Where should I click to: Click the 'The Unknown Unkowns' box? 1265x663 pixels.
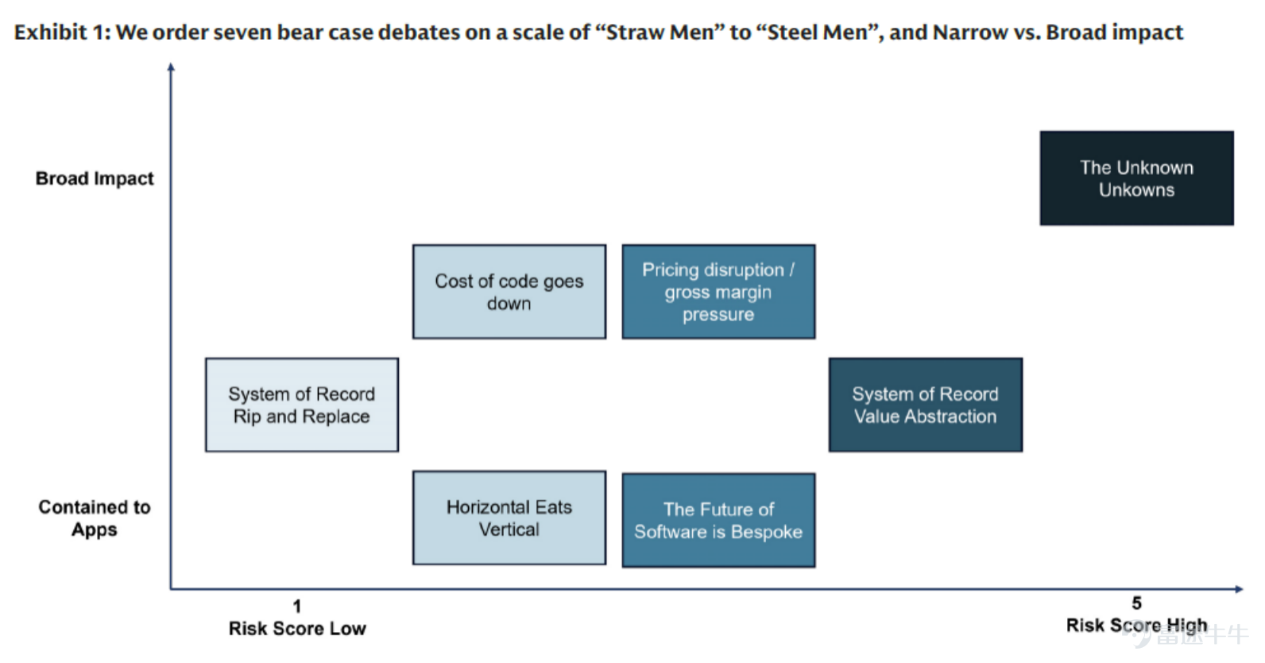1136,178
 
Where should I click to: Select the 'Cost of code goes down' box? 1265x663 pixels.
509,292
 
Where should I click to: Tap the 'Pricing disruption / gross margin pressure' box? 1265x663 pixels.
718,292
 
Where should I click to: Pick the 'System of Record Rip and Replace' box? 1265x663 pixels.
302,405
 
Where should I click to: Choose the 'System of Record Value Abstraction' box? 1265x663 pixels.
926,405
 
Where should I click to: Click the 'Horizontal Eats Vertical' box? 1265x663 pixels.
509,518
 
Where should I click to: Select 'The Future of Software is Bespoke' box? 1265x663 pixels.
718,520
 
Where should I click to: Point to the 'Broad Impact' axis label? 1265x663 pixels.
95,179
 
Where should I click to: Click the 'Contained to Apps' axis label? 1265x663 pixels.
95,518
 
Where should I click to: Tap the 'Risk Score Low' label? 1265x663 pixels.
297,629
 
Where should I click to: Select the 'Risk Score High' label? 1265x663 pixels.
1136,626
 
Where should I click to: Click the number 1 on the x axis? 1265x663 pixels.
297,607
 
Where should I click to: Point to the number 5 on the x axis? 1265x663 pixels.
1137,603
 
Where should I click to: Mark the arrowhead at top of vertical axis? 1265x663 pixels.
171,67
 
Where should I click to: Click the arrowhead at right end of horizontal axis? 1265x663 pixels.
1239,589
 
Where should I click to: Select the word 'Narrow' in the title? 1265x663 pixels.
970,33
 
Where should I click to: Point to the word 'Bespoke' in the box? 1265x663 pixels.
766,533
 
